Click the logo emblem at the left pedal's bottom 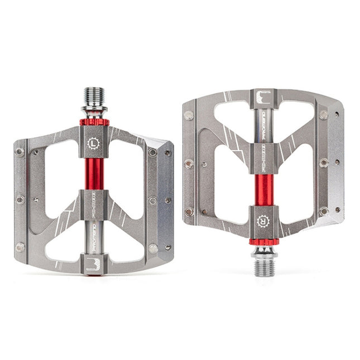coord(93,264)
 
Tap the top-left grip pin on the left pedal coord(21,151)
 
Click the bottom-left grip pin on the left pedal coord(21,246)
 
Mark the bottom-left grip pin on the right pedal coord(189,212)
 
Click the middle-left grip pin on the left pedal coord(21,199)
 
